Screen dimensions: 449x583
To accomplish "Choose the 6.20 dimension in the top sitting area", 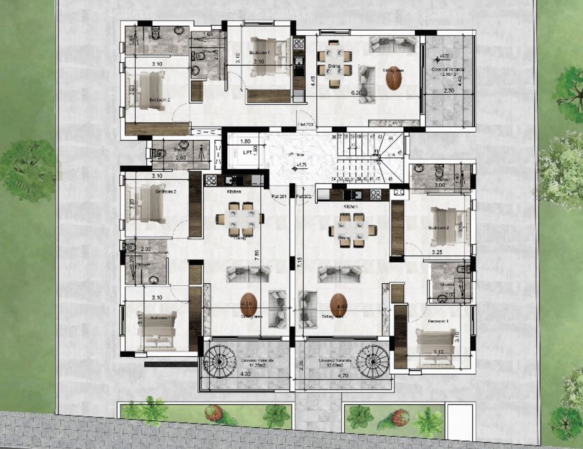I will tap(355, 92).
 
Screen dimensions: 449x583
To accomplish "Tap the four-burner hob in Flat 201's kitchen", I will tap(211, 180).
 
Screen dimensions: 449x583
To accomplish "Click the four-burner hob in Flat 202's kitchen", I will tap(375, 195).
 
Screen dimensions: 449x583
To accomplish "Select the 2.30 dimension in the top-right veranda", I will tap(449, 90).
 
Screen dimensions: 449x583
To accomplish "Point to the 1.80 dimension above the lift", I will tap(245, 141).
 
